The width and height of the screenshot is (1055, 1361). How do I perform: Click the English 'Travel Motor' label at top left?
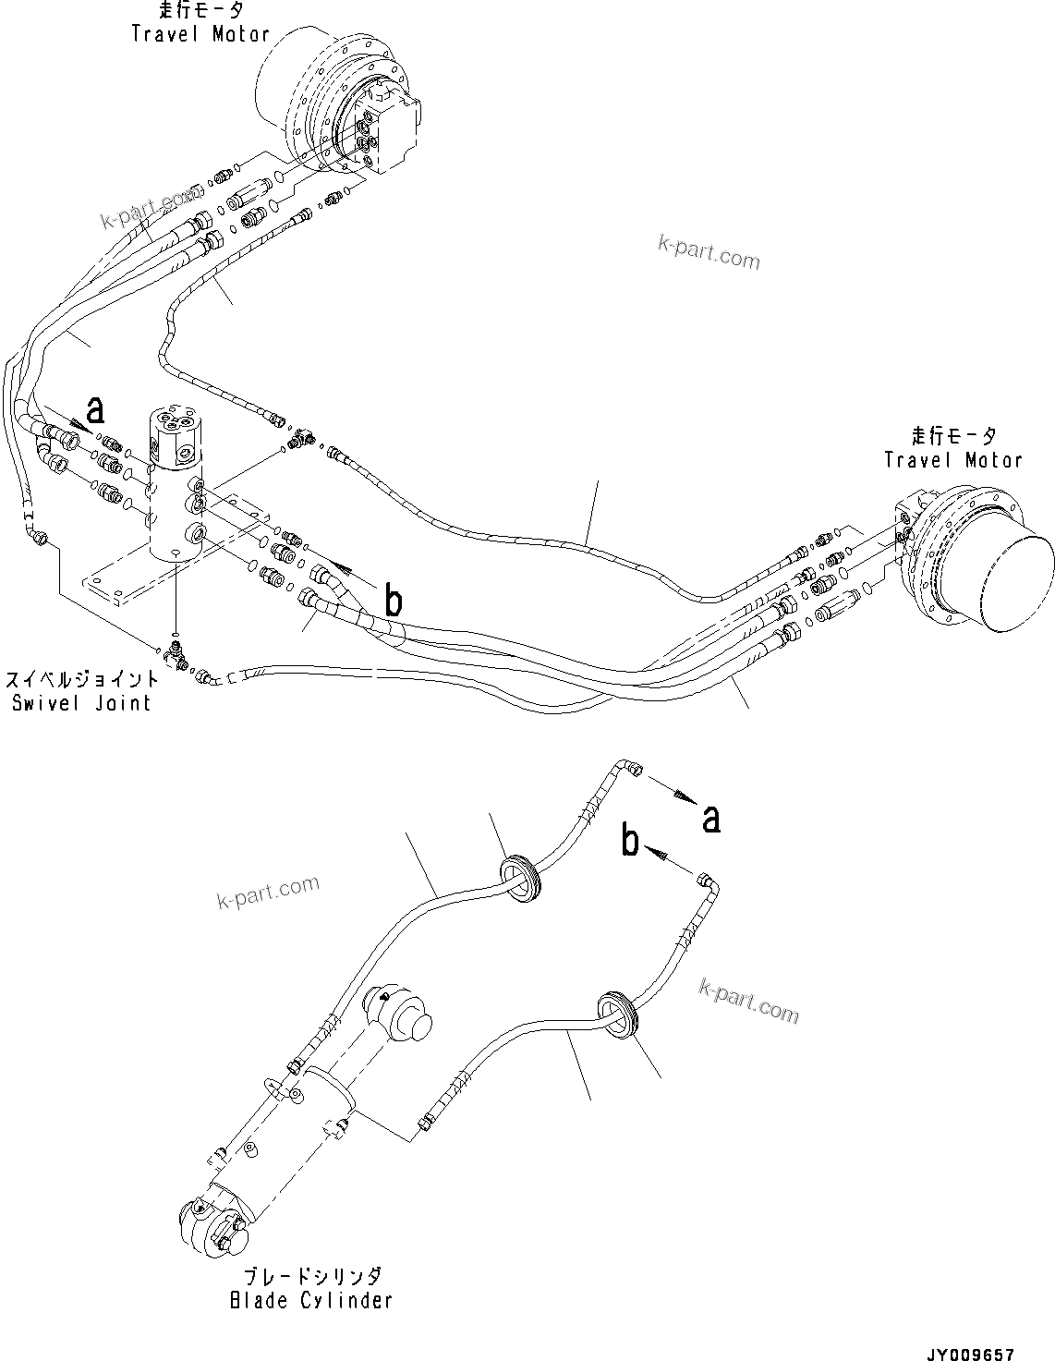[x=200, y=35]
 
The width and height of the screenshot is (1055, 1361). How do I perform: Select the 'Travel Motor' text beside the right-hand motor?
[x=952, y=460]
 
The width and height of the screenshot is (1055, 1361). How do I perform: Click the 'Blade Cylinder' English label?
[x=310, y=1300]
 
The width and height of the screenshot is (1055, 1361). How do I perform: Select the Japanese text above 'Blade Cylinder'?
[x=310, y=1277]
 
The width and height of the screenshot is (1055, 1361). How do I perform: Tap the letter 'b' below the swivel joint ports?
[x=393, y=602]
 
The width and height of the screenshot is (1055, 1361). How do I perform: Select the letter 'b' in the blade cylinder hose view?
[x=630, y=842]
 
